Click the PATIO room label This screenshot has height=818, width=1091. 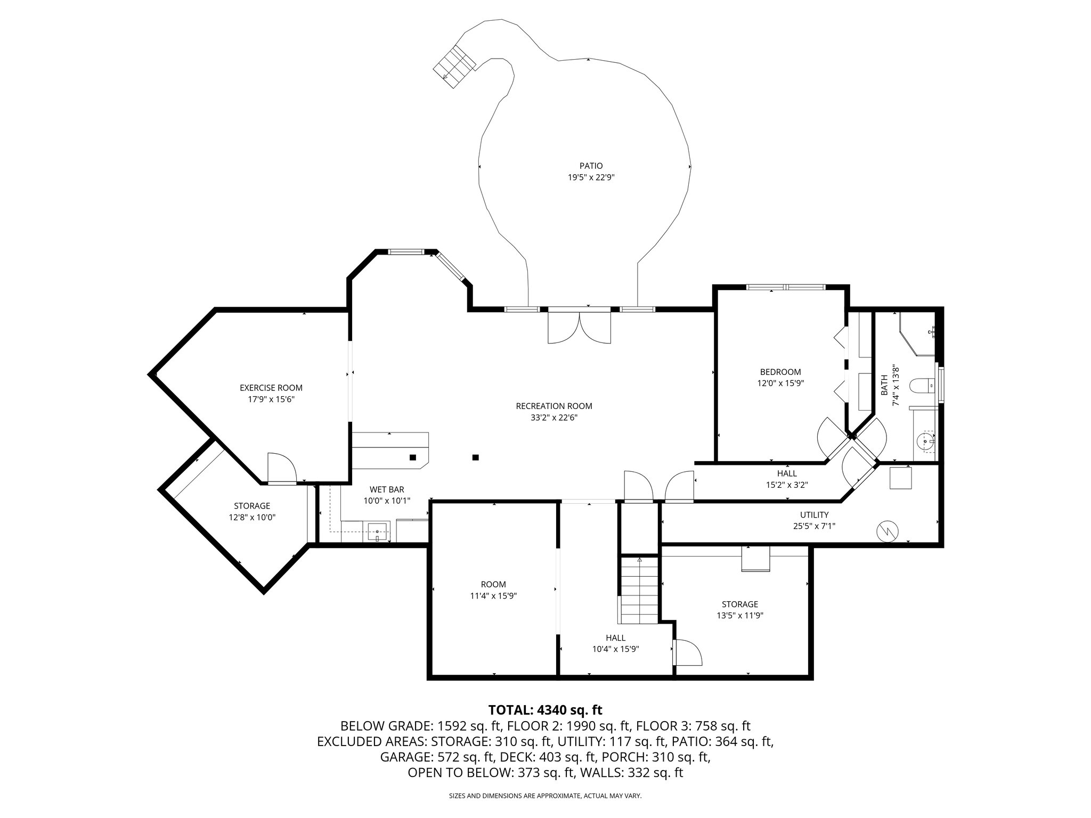tap(591, 166)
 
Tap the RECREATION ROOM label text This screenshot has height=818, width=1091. tap(554, 406)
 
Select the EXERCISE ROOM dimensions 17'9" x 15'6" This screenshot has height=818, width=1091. tap(271, 399)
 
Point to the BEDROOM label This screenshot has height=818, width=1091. tap(780, 372)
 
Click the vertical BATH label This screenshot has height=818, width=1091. tap(884, 385)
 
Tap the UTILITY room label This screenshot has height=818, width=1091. tap(814, 515)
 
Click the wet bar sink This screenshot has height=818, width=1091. tap(378, 531)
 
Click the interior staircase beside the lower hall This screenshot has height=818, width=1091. tap(639, 590)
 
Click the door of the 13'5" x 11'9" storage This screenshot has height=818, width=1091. tap(687, 652)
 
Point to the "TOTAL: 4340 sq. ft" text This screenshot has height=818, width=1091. tap(545, 710)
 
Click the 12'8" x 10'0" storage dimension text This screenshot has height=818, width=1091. tap(252, 517)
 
